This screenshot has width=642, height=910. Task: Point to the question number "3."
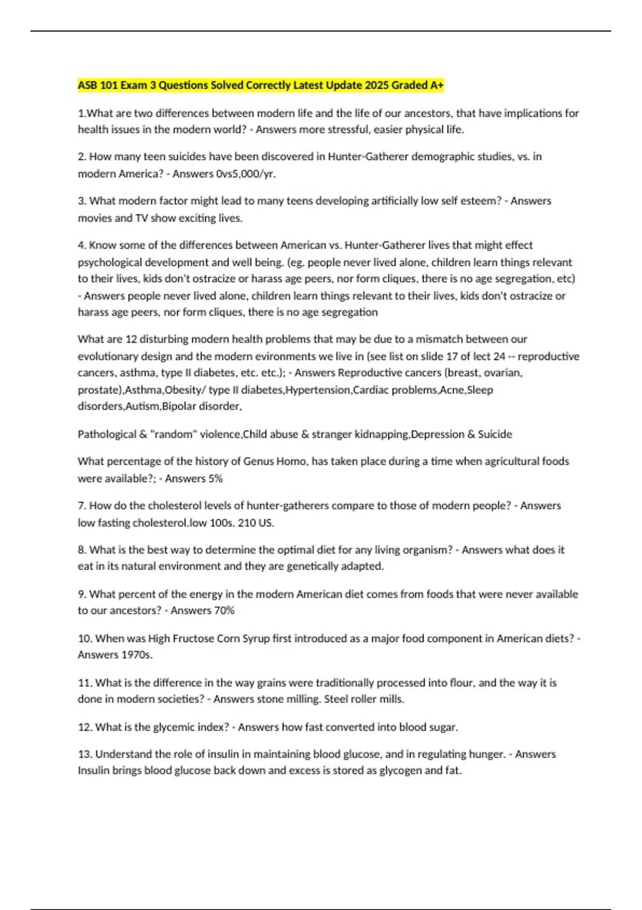point(82,201)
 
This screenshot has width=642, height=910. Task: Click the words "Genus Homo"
point(267,461)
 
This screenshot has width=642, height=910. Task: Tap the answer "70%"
point(224,610)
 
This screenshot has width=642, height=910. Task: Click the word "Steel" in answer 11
point(337,699)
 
